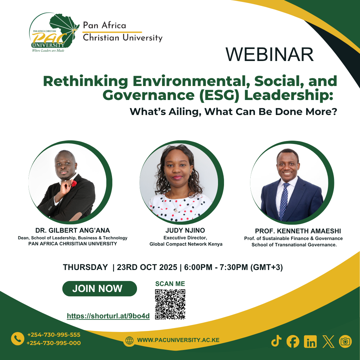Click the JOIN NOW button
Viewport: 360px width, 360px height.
coord(99,289)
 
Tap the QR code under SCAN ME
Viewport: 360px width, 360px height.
coord(170,304)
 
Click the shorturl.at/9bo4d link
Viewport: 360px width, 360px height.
coord(108,316)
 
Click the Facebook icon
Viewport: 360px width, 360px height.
coord(293,341)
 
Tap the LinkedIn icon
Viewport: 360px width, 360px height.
coord(310,341)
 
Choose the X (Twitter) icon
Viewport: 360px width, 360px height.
coord(328,341)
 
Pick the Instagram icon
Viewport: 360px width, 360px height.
coord(345,341)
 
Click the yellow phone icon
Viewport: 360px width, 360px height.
coord(18,339)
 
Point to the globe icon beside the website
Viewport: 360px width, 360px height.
coord(129,340)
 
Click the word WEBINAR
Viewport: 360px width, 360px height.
coord(270,54)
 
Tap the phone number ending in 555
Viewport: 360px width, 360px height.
coord(54,335)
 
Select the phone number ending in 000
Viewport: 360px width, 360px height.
coord(54,343)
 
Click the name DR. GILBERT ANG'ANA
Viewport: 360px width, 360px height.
coord(73,230)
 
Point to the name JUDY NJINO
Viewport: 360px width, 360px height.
coord(185,230)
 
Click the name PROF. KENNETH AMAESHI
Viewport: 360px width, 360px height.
coord(298,231)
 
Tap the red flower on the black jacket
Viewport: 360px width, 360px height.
coord(74,183)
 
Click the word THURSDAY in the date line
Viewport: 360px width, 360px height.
coord(85,267)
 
